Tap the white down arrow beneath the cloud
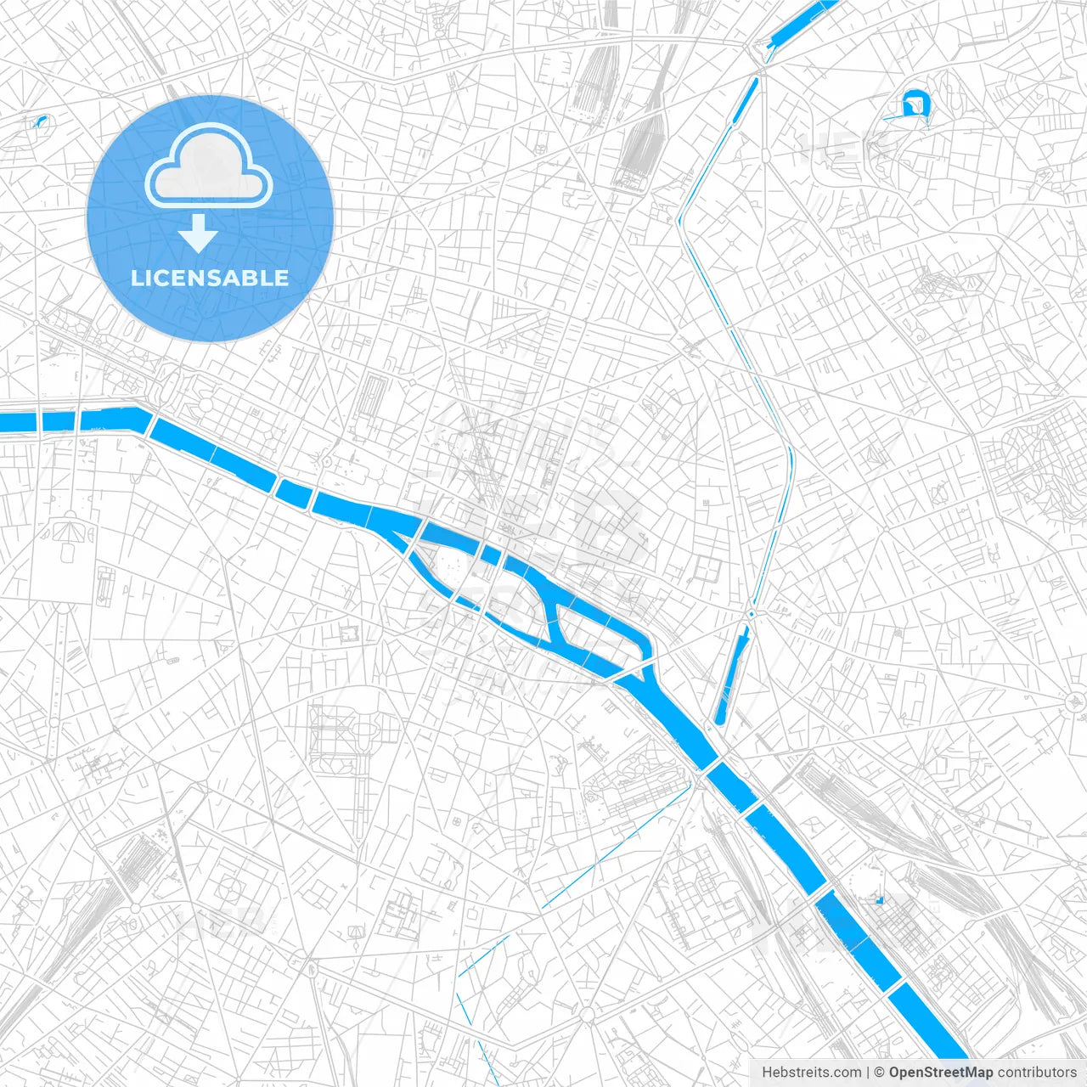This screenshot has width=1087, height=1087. pos(198,234)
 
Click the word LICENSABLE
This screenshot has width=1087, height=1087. pos(210,278)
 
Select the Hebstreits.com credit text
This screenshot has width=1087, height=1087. pos(811,1073)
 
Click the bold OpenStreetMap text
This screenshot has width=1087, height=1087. pos(940,1073)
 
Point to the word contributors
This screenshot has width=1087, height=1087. pos(1036,1073)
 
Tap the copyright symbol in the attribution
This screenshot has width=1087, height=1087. pos(880,1073)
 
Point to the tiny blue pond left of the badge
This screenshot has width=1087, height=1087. pos(40,121)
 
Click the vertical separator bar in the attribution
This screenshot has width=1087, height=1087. pos(868,1073)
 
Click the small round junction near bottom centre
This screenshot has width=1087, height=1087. pos(587,1014)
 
